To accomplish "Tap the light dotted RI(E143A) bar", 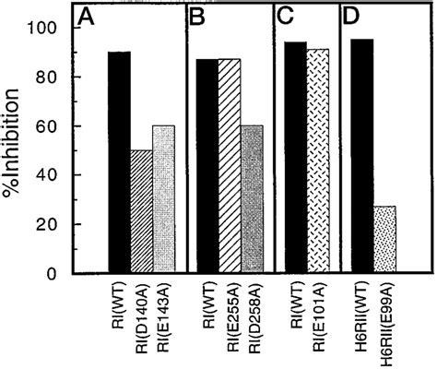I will pos(162,199).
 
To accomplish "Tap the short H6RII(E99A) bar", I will pos(406,240).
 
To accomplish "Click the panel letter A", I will pos(87,18).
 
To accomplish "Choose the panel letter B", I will pos(197,18).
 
